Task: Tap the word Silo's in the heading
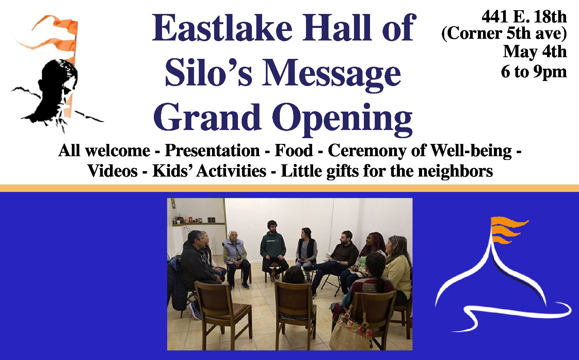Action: [208, 72]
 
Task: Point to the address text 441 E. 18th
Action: [524, 17]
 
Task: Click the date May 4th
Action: [535, 52]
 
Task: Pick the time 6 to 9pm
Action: [534, 71]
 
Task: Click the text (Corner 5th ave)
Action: [504, 34]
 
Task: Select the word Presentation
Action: [212, 151]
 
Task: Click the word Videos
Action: [113, 171]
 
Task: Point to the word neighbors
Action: [455, 171]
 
